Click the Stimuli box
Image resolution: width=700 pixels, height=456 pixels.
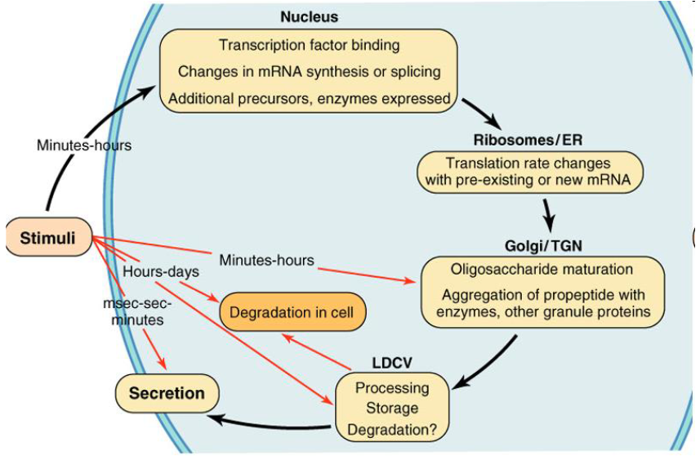48,237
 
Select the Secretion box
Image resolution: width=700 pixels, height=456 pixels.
167,393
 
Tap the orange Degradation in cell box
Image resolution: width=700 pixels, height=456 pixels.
292,311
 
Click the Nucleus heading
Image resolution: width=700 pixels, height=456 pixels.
310,17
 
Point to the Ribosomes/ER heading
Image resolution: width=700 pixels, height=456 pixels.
528,141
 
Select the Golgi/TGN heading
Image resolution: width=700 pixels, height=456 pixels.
543,246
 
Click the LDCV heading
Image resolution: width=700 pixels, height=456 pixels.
392,363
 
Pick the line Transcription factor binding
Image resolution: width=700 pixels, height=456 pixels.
309,45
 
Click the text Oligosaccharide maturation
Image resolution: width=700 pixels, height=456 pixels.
542,270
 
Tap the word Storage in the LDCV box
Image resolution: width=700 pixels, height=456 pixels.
392,408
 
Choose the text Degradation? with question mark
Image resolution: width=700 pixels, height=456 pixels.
392,430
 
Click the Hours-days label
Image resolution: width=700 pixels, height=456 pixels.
161,271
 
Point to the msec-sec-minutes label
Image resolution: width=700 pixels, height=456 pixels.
137,311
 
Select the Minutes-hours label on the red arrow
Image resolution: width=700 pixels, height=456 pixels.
266,260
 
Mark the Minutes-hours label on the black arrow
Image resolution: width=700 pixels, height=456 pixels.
84,145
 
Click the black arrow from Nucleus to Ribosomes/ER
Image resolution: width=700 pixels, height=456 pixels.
481,114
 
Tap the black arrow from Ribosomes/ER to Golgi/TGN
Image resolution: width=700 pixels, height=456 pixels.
549,215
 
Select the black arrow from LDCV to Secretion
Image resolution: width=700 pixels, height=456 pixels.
270,423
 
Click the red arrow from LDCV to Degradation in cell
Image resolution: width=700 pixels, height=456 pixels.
316,352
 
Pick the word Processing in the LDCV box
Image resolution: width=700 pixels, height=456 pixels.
392,388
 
